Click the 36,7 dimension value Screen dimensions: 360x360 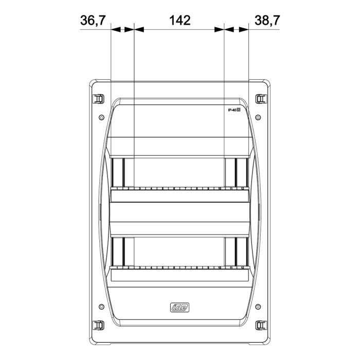tap(93, 21)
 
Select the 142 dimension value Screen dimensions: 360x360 tap(179, 21)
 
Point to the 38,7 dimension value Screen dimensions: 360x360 tap(266, 21)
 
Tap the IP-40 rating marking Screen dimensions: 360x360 tap(235, 110)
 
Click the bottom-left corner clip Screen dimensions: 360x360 tap(98, 325)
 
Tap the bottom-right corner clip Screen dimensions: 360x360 tap(261, 325)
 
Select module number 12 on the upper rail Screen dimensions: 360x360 tap(242, 189)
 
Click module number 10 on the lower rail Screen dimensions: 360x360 tap(220, 268)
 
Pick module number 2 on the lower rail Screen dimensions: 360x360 tap(128, 268)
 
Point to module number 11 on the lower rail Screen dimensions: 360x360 tap(231, 268)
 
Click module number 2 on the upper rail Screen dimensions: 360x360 tap(128, 189)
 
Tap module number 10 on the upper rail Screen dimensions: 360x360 tap(220, 189)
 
